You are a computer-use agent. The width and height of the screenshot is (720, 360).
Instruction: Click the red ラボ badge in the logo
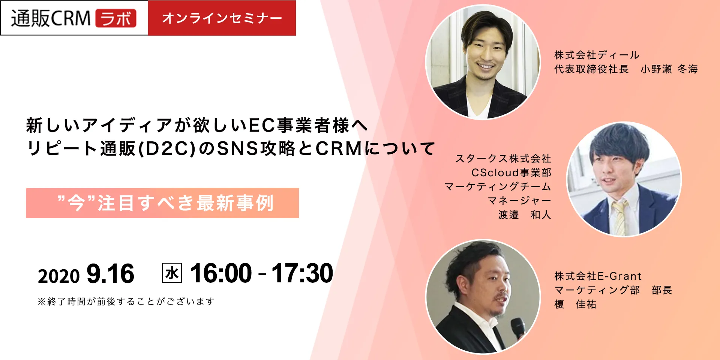click(x=116, y=18)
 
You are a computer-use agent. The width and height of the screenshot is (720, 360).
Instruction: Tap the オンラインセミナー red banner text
click(x=222, y=18)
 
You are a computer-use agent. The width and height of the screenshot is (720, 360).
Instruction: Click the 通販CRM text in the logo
click(x=51, y=18)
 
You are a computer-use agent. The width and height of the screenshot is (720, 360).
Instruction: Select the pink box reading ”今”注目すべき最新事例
click(x=162, y=203)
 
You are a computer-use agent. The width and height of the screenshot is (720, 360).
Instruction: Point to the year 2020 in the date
click(x=59, y=276)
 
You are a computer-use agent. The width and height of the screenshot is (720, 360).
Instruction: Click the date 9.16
click(x=110, y=273)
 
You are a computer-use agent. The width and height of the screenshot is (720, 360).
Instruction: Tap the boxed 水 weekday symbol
click(x=172, y=273)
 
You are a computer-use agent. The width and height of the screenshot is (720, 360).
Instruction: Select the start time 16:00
click(x=221, y=273)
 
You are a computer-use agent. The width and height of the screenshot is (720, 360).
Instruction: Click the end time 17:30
click(x=302, y=273)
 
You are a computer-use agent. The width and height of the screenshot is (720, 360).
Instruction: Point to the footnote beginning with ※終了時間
click(x=126, y=301)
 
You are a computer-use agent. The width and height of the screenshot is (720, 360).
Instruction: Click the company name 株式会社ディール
click(x=597, y=55)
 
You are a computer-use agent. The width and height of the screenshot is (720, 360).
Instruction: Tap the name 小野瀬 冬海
click(x=669, y=69)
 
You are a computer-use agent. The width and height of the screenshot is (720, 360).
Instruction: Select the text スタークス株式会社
click(x=503, y=159)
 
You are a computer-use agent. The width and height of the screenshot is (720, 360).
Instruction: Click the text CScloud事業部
click(x=511, y=172)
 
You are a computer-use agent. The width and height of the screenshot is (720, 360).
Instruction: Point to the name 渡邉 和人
click(x=525, y=214)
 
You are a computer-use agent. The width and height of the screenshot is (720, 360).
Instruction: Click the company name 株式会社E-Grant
click(x=598, y=276)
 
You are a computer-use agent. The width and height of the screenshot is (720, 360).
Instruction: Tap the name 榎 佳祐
click(x=575, y=304)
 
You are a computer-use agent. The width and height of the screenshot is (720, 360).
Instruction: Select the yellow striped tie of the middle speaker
click(x=619, y=217)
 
